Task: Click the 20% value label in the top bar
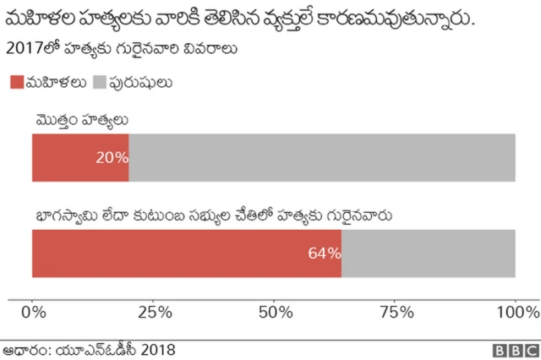coord(112,157)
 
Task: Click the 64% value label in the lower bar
coord(325,253)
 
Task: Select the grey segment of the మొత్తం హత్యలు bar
coord(321,157)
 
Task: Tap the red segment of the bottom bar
coord(169,253)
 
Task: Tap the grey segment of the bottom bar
coord(429,253)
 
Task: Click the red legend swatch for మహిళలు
coord(17,82)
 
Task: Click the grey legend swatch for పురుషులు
coord(98,82)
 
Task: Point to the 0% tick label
coord(32,314)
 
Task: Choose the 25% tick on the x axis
coord(153,314)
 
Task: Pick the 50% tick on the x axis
coord(274,314)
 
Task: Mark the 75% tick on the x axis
coord(395,314)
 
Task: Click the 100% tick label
coord(514,314)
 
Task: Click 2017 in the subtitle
coord(23,49)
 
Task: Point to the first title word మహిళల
coord(39,18)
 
